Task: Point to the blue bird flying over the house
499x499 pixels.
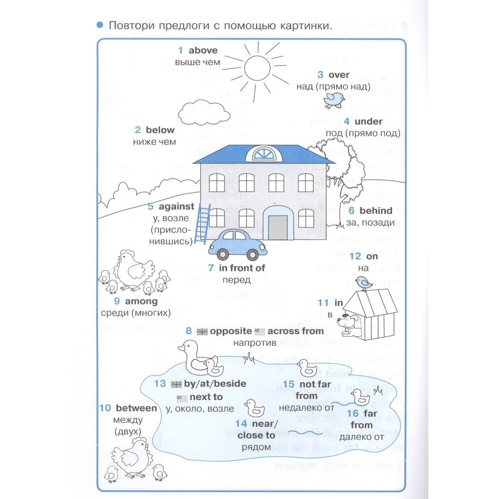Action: pos(333,99)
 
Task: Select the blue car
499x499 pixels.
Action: pos(238,244)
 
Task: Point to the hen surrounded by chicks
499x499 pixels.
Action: pos(130,269)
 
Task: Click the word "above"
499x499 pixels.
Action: pos(203,50)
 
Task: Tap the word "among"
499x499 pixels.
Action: pos(141,301)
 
